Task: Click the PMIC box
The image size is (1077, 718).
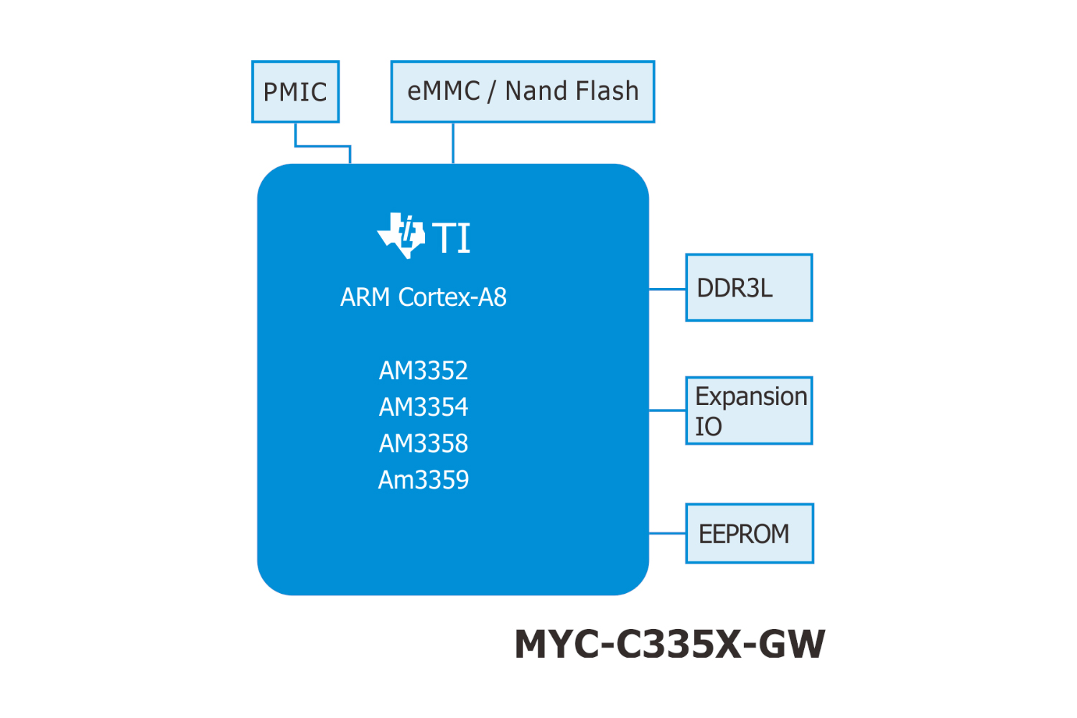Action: point(295,92)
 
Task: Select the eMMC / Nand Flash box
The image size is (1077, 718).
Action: point(522,92)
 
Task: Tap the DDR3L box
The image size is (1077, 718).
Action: point(749,287)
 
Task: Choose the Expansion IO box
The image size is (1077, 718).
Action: point(749,411)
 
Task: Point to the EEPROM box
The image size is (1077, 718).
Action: point(749,533)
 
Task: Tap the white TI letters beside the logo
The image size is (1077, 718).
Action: point(452,238)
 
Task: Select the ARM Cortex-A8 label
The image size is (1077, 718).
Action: point(424,297)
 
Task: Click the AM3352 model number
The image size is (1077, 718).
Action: point(424,370)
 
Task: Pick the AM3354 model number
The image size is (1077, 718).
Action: point(424,407)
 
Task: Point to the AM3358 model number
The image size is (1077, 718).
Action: point(424,444)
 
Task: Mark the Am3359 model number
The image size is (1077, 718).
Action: point(424,480)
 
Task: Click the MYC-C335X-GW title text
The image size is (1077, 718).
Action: point(669,643)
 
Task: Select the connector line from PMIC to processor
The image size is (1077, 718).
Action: point(322,146)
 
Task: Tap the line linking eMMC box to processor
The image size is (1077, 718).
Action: point(453,143)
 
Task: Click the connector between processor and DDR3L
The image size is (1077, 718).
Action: point(667,289)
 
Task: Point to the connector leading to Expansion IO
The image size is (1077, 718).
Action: point(667,411)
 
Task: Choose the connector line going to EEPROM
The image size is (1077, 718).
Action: point(667,533)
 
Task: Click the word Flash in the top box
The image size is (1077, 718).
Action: point(607,91)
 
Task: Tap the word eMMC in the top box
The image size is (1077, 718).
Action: point(443,91)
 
